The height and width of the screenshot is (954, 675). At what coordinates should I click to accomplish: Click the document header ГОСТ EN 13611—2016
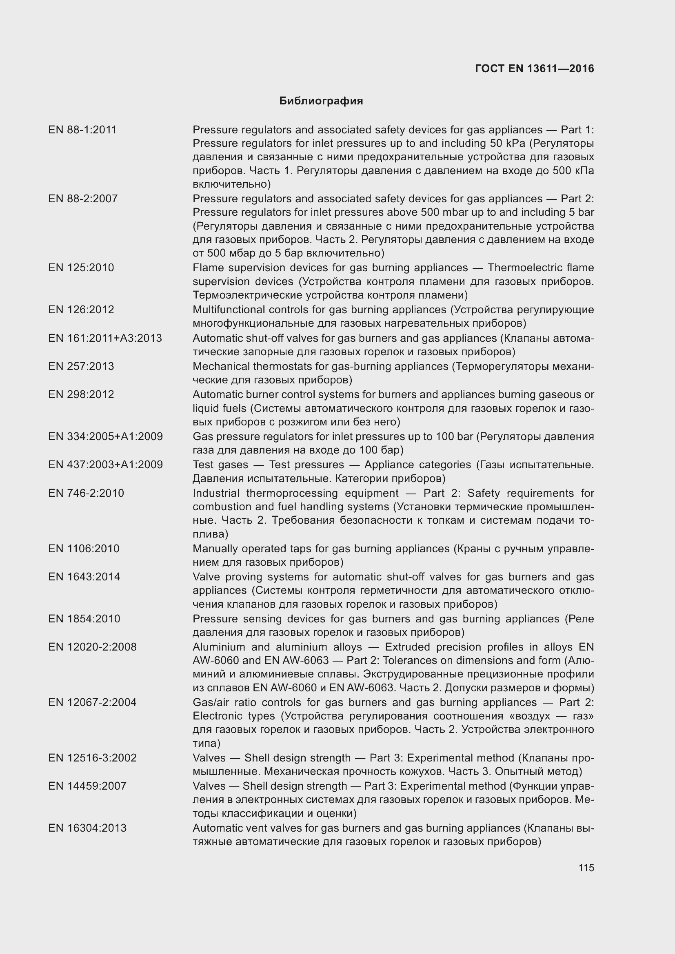coord(534,69)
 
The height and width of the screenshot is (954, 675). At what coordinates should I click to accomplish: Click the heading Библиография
coord(321,101)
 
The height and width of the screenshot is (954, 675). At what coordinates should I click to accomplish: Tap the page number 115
coord(586,868)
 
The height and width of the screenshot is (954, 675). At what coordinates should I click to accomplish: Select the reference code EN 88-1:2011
coord(82,130)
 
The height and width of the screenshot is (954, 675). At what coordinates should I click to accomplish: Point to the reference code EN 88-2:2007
coord(83,199)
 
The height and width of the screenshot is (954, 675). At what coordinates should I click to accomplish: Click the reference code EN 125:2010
coord(81,268)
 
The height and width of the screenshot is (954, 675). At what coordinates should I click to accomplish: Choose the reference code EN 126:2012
coord(81,310)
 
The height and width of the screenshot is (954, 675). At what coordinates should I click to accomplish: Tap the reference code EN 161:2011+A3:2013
coord(105,338)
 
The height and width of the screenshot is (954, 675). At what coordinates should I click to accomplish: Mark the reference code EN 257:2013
coord(81,367)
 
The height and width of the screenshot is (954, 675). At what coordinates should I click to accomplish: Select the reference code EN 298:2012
coord(81,394)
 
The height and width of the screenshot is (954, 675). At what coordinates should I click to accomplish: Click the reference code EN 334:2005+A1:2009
coord(105,437)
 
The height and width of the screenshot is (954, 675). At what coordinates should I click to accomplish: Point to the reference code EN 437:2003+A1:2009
coord(105,465)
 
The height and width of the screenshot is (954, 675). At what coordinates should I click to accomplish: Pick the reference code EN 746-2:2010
coord(86,493)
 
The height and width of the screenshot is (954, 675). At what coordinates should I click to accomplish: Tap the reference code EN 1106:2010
coord(84,549)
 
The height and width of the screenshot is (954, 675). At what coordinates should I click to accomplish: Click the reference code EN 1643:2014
coord(84,577)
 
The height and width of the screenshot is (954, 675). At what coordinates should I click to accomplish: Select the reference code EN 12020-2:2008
coord(92,647)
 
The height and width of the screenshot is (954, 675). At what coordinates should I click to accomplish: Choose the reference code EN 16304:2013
coord(87,828)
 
